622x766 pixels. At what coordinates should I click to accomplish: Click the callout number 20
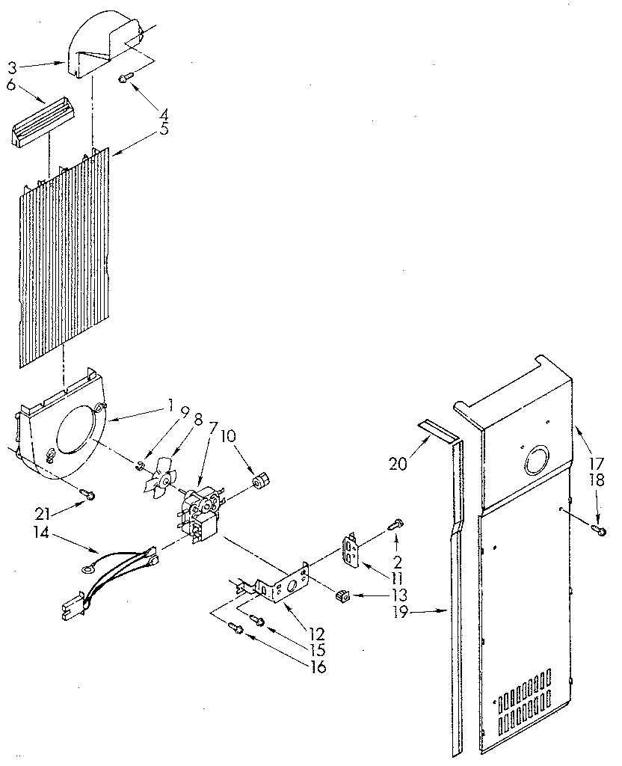coord(398,464)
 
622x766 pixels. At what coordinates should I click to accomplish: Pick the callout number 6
coord(11,85)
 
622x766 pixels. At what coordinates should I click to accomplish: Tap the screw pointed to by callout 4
coord(125,76)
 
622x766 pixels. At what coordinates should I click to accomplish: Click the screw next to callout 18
coord(599,530)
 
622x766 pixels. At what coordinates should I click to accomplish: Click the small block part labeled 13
coord(342,595)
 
